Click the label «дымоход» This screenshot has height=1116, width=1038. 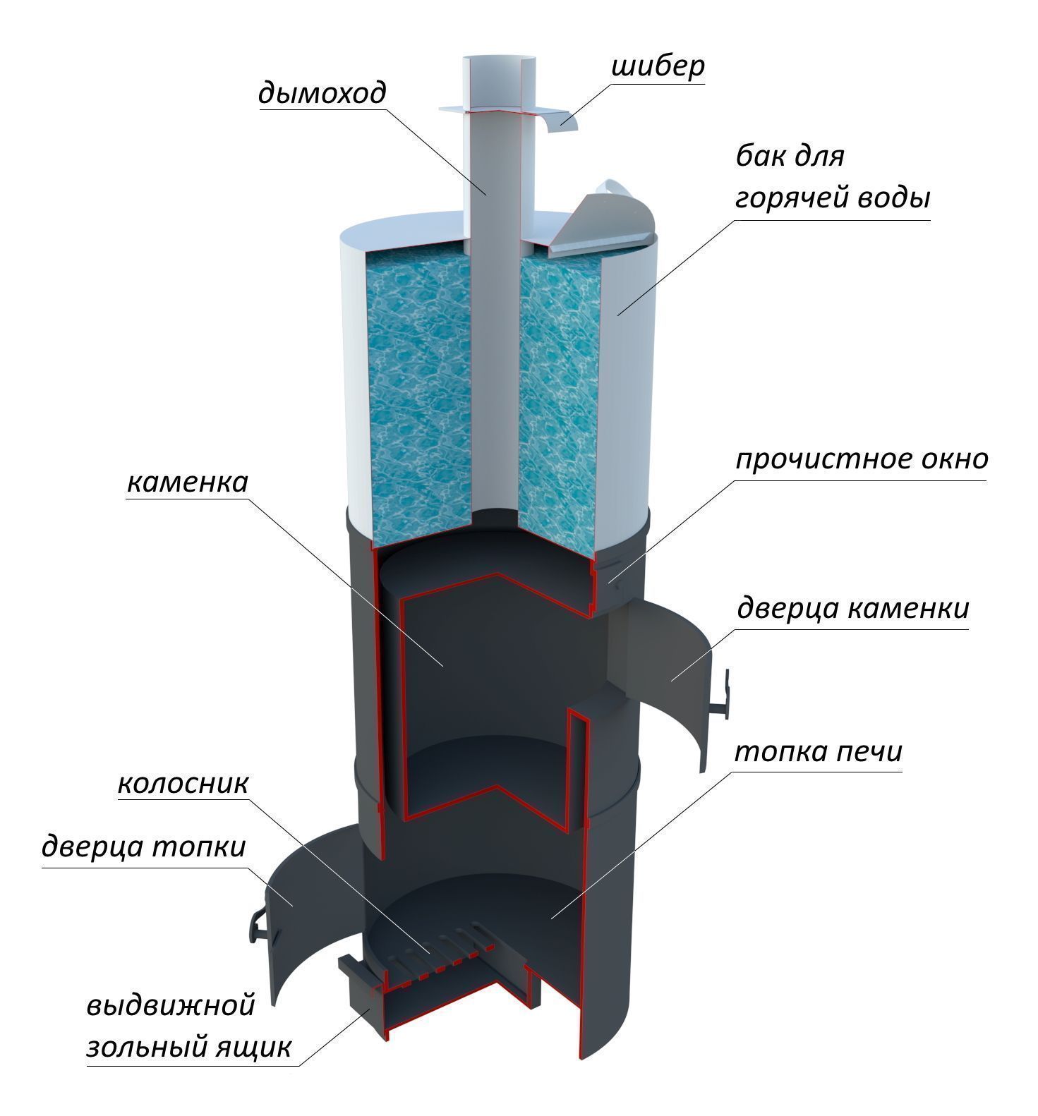pos(322,93)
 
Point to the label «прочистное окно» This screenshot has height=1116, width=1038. pos(862,459)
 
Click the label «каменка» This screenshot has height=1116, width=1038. pos(188,483)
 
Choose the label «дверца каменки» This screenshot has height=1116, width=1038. pos(852,607)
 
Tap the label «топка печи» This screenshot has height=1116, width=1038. pos(819,752)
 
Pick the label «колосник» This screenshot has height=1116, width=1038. pos(183,784)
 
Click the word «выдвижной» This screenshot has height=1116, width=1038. pos(170,1005)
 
